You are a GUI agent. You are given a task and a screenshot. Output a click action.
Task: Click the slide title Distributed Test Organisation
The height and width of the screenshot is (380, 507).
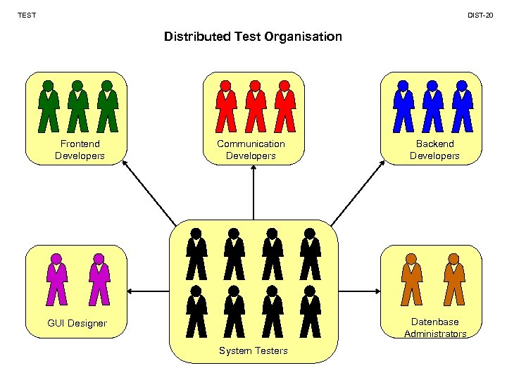(253, 36)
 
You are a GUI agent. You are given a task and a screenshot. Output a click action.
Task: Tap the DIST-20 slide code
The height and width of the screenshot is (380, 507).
(481, 15)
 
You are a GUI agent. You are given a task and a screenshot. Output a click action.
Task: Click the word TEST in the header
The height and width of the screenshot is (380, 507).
(27, 15)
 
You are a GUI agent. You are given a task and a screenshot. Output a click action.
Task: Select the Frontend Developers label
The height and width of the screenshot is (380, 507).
(80, 150)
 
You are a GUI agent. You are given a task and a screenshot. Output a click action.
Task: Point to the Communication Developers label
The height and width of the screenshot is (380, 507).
(251, 150)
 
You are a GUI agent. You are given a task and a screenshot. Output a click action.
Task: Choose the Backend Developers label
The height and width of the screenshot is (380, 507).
(434, 150)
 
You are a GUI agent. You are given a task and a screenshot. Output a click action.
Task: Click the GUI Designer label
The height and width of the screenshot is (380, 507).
(77, 324)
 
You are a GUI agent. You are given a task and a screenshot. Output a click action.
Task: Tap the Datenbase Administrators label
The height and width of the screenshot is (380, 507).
(435, 328)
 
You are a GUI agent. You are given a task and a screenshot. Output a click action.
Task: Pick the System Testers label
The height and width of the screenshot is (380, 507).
(253, 350)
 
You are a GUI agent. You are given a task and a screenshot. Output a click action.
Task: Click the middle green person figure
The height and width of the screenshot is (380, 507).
(77, 106)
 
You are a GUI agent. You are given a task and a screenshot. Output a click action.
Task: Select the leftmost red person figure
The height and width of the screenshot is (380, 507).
(225, 106)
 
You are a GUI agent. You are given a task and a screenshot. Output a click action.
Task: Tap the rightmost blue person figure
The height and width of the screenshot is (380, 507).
(462, 106)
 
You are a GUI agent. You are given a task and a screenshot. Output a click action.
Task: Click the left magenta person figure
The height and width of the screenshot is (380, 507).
(56, 279)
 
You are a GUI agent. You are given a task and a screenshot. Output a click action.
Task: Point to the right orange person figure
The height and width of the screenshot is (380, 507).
(454, 279)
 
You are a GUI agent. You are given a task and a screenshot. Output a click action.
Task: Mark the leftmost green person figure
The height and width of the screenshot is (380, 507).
(48, 106)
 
